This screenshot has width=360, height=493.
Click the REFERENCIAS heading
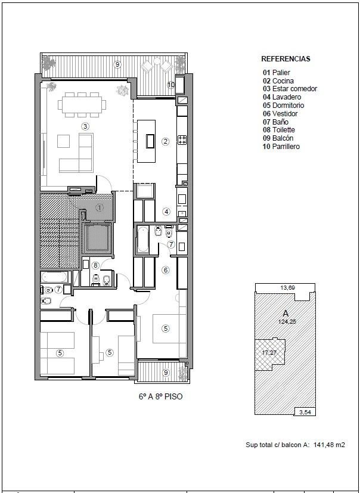(x=285, y=59)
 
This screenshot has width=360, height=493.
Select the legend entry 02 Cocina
(x=278, y=81)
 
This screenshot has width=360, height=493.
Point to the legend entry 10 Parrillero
(x=281, y=146)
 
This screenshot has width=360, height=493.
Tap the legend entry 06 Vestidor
(x=280, y=113)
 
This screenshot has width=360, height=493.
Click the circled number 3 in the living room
(x=85, y=126)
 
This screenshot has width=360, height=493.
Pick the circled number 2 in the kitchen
(x=165, y=141)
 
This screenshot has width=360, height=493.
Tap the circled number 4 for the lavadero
(x=166, y=212)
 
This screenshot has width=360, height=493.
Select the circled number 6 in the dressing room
(x=165, y=270)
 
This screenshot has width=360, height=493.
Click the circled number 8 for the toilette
(x=95, y=266)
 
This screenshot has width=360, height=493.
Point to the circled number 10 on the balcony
(x=171, y=84)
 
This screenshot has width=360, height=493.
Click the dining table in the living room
(x=82, y=104)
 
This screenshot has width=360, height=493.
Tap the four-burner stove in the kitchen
(x=182, y=139)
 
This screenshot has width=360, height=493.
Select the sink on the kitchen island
(x=150, y=141)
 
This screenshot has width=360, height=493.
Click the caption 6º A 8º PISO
(x=160, y=396)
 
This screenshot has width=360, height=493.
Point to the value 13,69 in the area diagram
(x=285, y=287)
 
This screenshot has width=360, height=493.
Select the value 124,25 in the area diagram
(x=285, y=321)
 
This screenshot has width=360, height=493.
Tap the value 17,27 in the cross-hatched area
(x=269, y=352)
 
